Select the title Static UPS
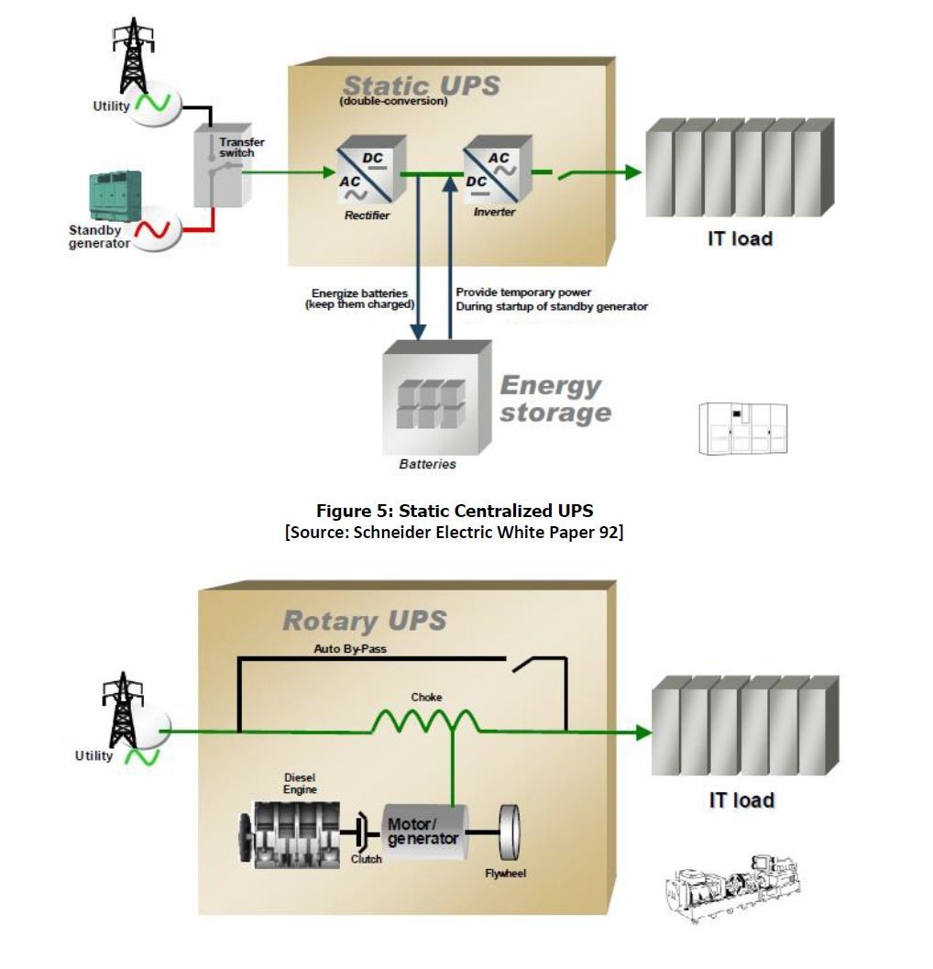422,86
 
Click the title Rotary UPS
364,621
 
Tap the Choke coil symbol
425,721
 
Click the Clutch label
367,859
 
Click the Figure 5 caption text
455,511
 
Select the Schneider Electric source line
455,532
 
